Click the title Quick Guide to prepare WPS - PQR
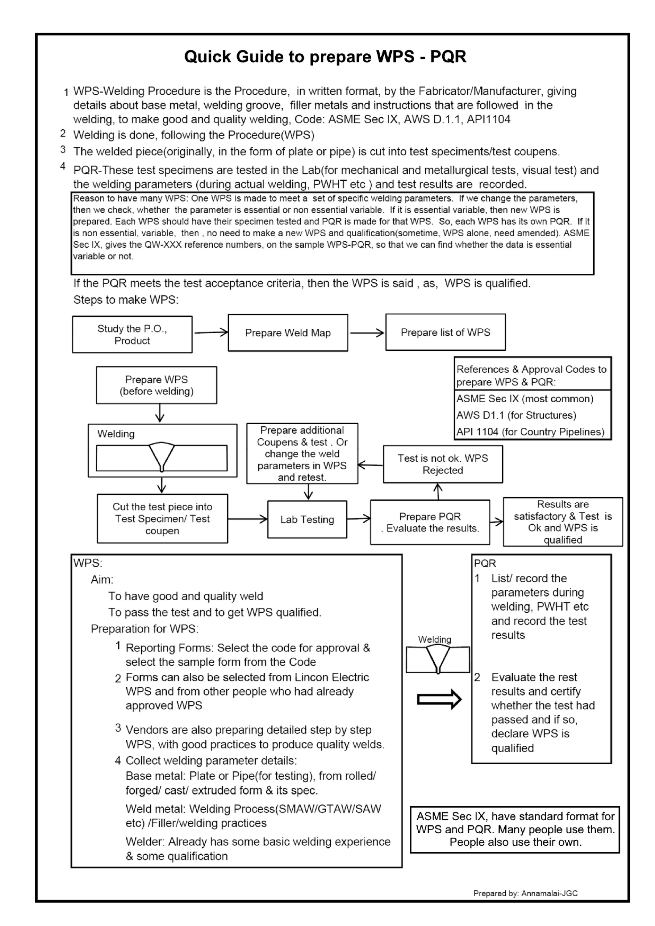pos(325,57)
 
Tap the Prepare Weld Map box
pos(288,333)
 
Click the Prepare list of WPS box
pos(445,332)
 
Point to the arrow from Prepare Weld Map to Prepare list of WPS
pos(367,333)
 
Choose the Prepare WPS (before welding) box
pos(156,385)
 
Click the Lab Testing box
pos(307,520)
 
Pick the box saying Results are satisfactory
pos(563,522)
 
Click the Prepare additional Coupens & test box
pos(302,453)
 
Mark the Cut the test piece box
pos(162,519)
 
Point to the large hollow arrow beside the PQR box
pos(439,699)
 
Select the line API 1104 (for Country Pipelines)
pos(530,432)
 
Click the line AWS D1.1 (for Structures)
pos(516,415)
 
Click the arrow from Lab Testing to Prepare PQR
pos(359,519)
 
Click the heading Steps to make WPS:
pos(125,300)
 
